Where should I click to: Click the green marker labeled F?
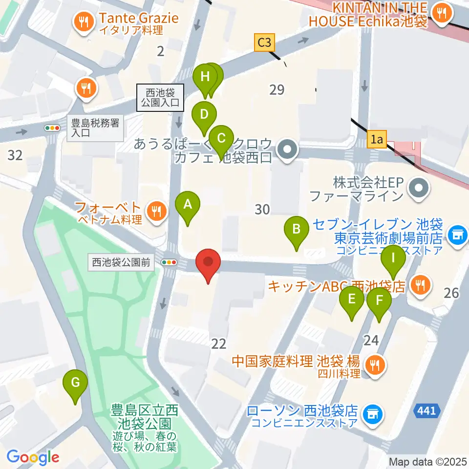click(x=379, y=301)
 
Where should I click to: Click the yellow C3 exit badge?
click(x=264, y=43)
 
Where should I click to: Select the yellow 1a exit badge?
click(x=376, y=140)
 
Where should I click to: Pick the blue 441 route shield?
click(x=426, y=411)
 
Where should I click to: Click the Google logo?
click(x=33, y=457)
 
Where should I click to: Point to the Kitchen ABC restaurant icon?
click(x=420, y=285)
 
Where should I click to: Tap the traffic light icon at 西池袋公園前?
click(x=170, y=262)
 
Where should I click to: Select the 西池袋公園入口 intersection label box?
click(x=161, y=97)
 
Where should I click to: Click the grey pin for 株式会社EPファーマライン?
click(x=418, y=188)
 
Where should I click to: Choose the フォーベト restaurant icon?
click(x=156, y=211)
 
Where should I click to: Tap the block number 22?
click(x=219, y=344)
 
